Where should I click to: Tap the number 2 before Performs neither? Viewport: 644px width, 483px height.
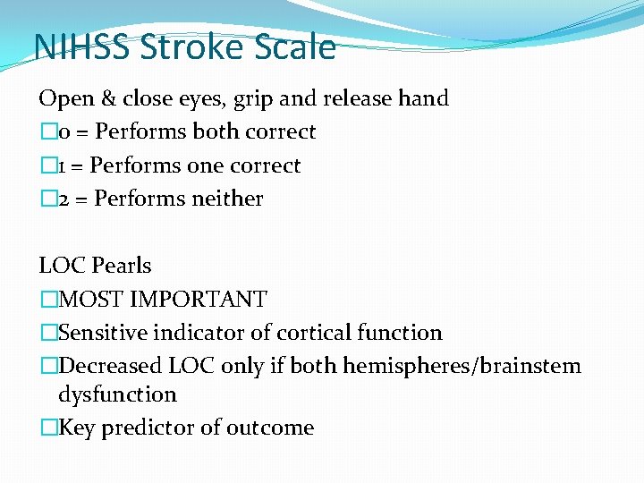[x=64, y=199]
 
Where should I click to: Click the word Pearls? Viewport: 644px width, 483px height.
[x=121, y=266]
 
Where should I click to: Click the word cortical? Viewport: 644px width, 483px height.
[x=313, y=333]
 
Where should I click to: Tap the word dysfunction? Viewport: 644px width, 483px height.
[x=117, y=394]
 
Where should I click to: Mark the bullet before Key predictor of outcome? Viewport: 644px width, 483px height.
[x=47, y=428]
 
